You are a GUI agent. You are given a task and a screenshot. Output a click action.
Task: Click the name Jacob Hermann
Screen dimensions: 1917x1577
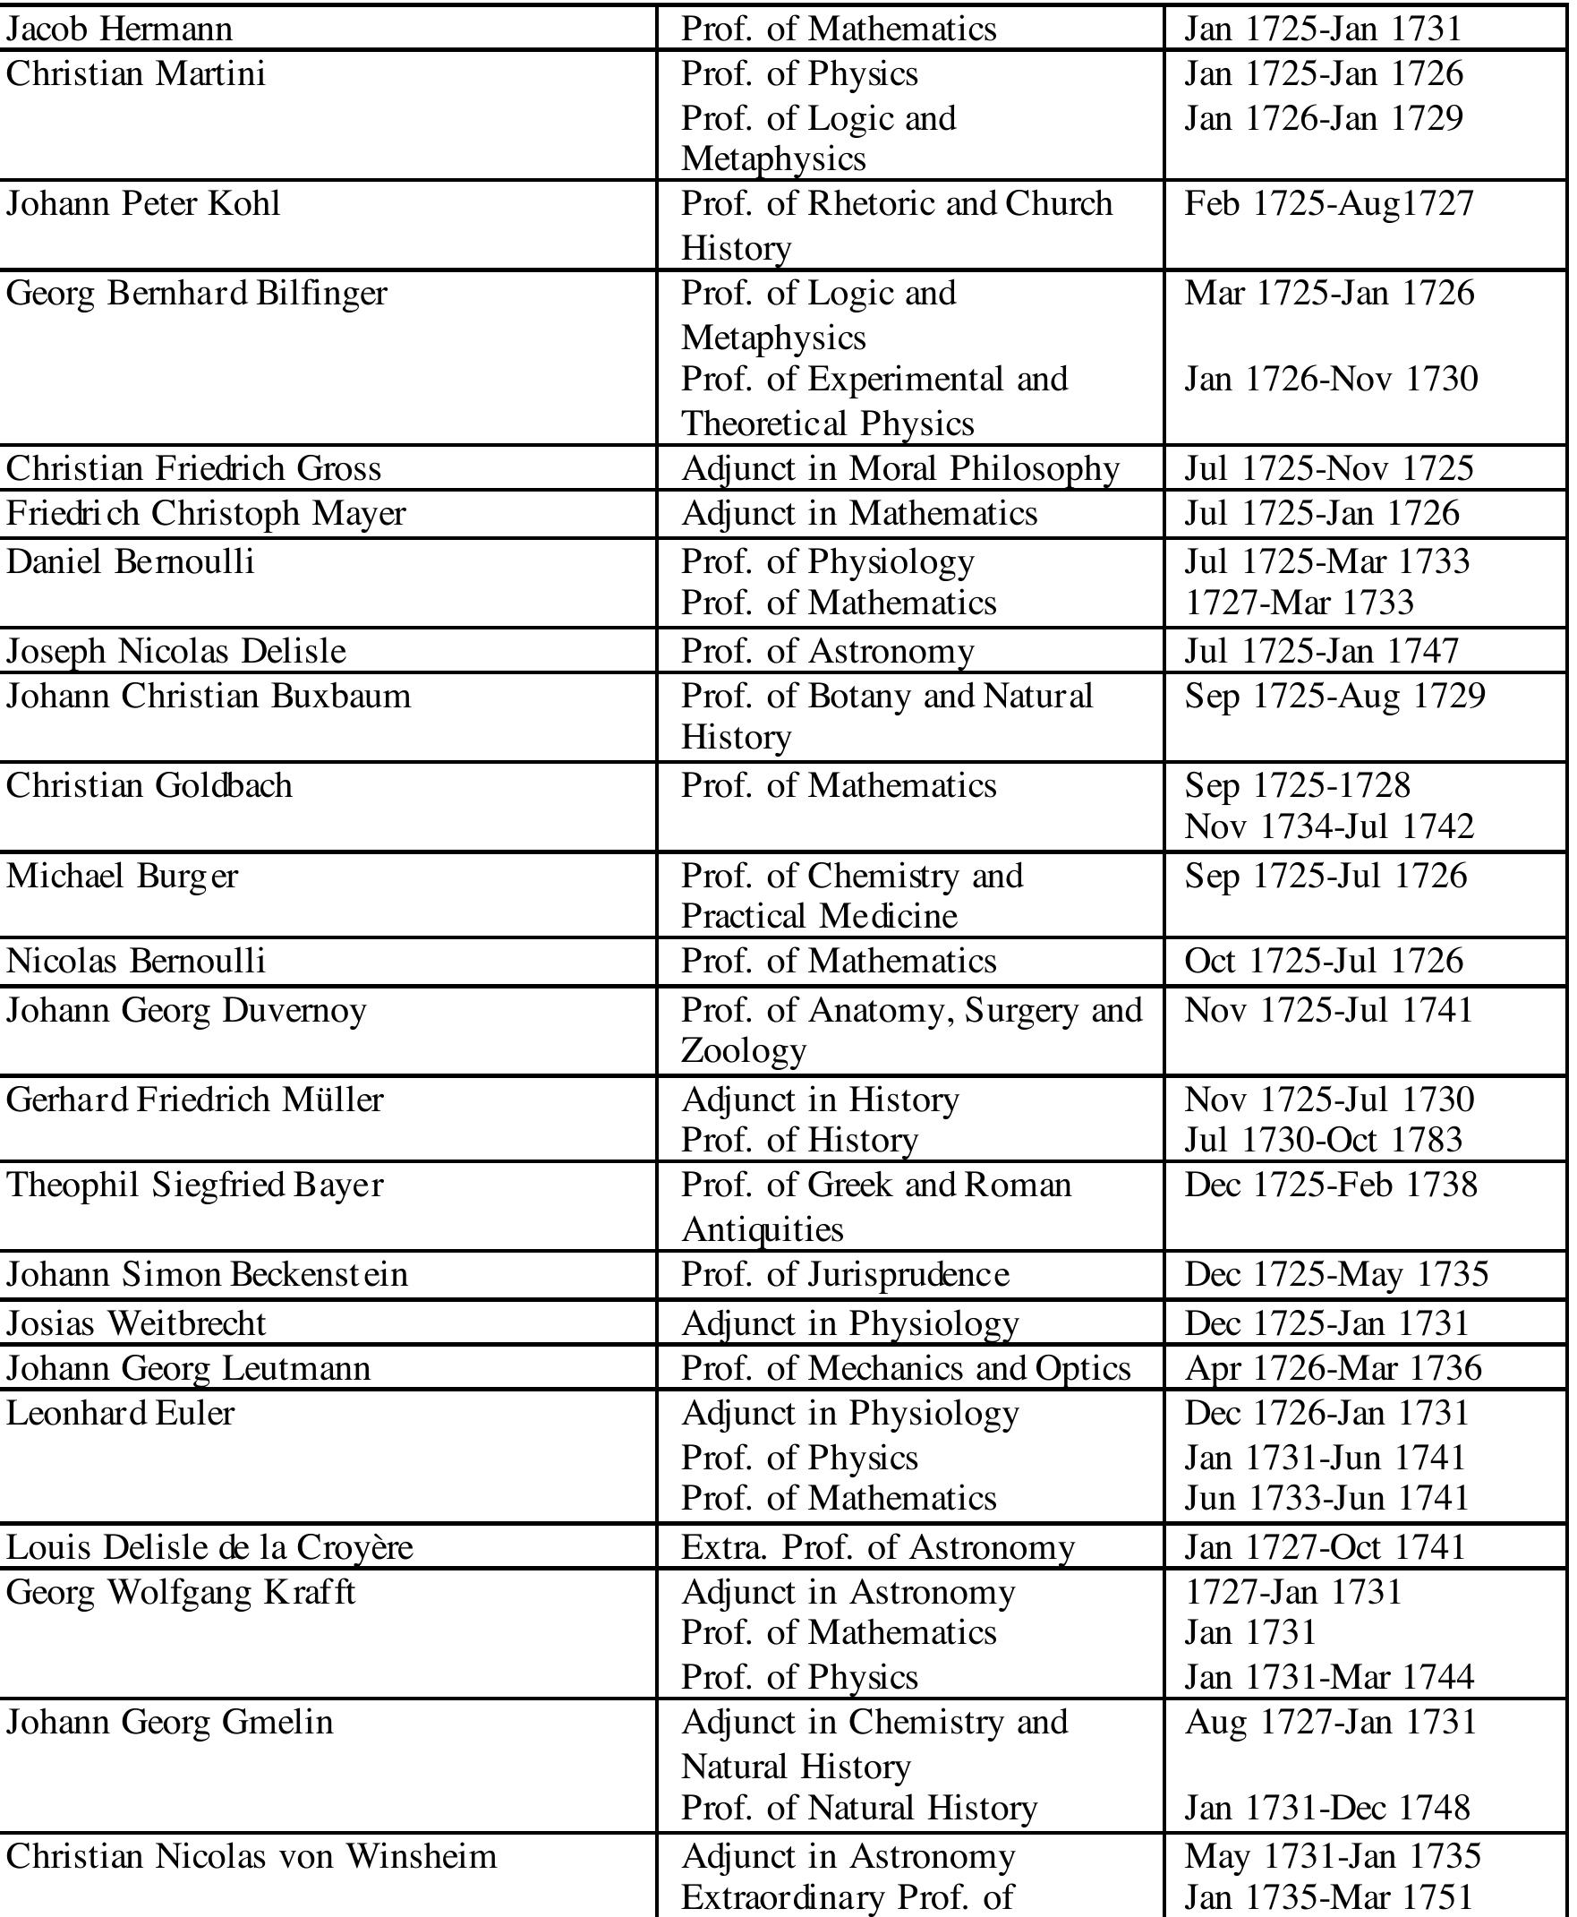(119, 29)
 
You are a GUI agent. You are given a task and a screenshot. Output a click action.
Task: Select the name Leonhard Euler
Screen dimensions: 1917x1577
(120, 1413)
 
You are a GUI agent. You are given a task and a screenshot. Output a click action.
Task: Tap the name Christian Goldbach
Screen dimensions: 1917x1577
(149, 785)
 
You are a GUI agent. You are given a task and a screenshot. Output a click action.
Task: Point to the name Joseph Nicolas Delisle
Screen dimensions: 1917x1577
(176, 652)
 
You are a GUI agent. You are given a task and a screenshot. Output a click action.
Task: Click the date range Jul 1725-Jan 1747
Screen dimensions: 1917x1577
(1321, 652)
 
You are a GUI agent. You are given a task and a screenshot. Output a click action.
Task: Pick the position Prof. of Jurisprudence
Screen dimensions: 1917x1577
(845, 1275)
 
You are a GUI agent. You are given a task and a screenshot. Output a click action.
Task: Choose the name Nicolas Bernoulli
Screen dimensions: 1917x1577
(135, 962)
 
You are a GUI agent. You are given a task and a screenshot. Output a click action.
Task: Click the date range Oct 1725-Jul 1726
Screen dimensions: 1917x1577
(1324, 962)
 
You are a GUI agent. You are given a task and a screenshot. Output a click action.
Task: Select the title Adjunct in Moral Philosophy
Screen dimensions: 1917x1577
(900, 469)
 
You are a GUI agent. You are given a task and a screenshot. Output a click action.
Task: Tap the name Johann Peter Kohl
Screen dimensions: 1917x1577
(142, 203)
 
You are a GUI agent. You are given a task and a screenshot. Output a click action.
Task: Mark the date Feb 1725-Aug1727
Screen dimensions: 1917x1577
(1328, 203)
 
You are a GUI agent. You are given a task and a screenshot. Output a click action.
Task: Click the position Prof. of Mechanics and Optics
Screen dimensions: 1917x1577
(906, 1368)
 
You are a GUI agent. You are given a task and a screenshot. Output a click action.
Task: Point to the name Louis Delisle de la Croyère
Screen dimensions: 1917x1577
(209, 1547)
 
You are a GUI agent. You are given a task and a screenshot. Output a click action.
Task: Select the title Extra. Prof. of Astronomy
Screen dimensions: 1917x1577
(877, 1547)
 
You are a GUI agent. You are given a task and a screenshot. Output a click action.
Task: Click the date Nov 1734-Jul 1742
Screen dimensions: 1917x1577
(1329, 826)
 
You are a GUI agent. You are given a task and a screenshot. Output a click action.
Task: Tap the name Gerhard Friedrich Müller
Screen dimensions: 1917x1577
(194, 1100)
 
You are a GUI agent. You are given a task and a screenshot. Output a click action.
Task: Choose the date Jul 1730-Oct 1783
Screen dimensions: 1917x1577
(1324, 1140)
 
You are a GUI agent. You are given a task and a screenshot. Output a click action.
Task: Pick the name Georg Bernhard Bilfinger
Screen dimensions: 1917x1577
(196, 294)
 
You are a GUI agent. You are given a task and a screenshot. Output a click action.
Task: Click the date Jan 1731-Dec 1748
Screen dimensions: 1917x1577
(1326, 1808)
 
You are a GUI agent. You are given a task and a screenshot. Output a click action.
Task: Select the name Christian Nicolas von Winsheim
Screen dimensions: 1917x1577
(251, 1856)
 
